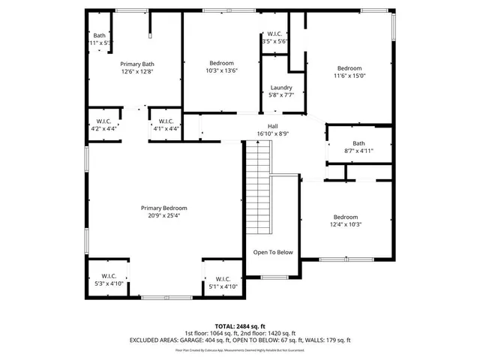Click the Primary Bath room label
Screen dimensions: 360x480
tap(136, 64)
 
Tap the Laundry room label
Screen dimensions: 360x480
tap(281, 88)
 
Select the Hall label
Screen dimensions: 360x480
tap(273, 126)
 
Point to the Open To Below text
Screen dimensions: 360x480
tap(272, 252)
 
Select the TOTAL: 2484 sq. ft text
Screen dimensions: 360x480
tap(240, 327)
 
